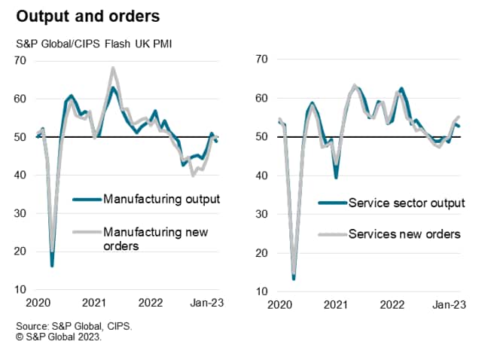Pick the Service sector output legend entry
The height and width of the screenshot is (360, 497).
tap(407, 203)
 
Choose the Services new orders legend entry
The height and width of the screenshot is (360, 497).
tap(404, 233)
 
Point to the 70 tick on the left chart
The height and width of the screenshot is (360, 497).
tap(21, 60)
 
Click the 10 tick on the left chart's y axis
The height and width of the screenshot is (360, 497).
tap(21, 290)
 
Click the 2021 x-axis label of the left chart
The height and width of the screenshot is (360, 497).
tap(93, 304)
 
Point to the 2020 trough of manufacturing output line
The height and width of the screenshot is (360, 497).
tap(52, 265)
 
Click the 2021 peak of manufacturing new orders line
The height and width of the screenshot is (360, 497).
tap(113, 68)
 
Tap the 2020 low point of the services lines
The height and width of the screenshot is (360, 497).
tap(293, 278)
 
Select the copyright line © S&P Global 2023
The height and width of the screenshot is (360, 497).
tap(60, 337)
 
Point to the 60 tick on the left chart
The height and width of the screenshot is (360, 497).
tap(21, 99)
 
